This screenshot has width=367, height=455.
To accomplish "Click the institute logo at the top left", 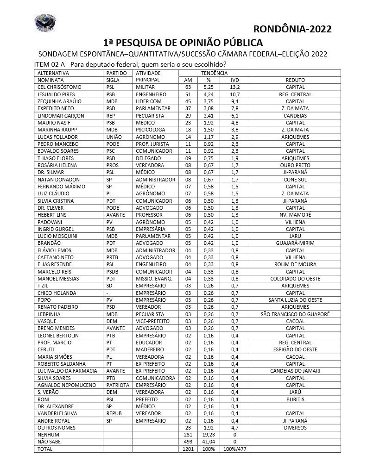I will coord(45,23).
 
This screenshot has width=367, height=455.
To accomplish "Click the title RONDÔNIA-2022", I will coord(293,29).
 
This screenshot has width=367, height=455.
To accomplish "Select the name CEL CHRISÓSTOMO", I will coord(59,87).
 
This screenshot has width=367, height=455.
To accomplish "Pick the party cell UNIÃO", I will coord(114,137).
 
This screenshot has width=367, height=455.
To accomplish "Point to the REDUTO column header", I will coord(295,80).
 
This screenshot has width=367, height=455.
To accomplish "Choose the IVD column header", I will coord(234,80).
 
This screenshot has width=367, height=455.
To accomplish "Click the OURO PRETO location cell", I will coord(295,165).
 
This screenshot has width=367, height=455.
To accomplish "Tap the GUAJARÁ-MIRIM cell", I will coord(295,243).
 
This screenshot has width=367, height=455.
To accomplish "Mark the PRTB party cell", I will coord(114,257).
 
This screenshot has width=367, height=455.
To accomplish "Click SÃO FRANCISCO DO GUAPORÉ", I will coord(295,314).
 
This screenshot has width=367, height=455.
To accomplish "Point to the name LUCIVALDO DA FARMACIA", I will coord(67,371).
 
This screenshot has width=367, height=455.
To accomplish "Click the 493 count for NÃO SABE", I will coord(188,442).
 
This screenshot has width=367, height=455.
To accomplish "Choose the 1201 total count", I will coord(188,449).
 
